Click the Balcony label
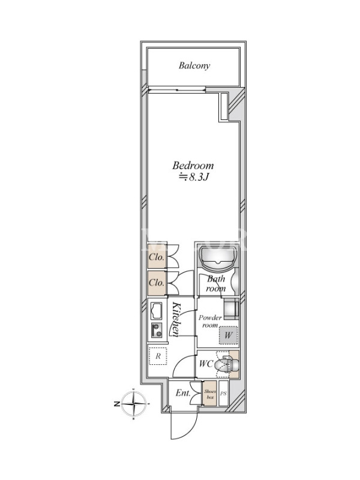tap(194, 66)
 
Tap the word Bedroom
tap(193, 166)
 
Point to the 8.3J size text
tap(194, 177)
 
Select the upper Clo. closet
tap(157, 257)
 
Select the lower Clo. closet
tap(157, 283)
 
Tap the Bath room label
tap(216, 284)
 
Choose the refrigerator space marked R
tap(158, 356)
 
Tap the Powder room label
tap(210, 322)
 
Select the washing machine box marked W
tap(229, 335)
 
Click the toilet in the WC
tap(226, 364)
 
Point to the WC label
tap(206, 364)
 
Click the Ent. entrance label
tap(183, 393)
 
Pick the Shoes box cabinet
tap(210, 394)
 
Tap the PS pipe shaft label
tap(223, 394)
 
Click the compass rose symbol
tap(133, 403)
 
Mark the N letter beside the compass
tap(116, 404)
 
